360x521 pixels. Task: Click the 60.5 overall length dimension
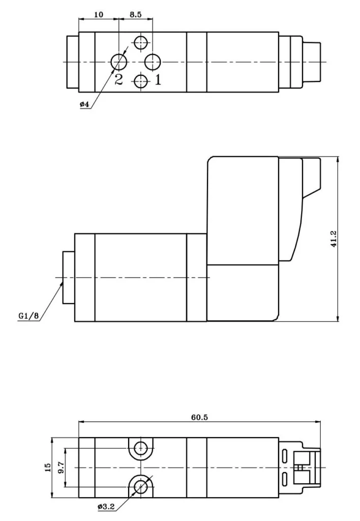pyautogui.click(x=199, y=417)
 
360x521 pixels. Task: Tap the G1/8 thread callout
pyautogui.click(x=28, y=316)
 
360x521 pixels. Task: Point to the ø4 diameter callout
pyautogui.click(x=84, y=104)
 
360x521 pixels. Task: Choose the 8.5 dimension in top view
pyautogui.click(x=135, y=15)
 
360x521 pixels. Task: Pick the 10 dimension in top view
pyautogui.click(x=99, y=15)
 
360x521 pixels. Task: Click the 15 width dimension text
pyautogui.click(x=47, y=467)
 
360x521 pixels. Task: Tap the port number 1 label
pyautogui.click(x=158, y=79)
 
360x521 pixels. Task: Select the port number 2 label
pyautogui.click(x=118, y=79)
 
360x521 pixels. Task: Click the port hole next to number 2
pyautogui.click(x=119, y=62)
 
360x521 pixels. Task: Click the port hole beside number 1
pyautogui.click(x=153, y=62)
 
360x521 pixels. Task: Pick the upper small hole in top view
pyautogui.click(x=141, y=43)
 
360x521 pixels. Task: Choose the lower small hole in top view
pyautogui.click(x=141, y=80)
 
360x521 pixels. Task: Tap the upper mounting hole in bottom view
pyautogui.click(x=140, y=448)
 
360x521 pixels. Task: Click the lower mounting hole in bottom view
pyautogui.click(x=140, y=486)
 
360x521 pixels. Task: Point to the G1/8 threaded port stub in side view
pyautogui.click(x=68, y=278)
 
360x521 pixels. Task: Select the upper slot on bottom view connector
pyautogui.click(x=285, y=454)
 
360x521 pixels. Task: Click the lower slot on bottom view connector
pyautogui.click(x=285, y=479)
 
